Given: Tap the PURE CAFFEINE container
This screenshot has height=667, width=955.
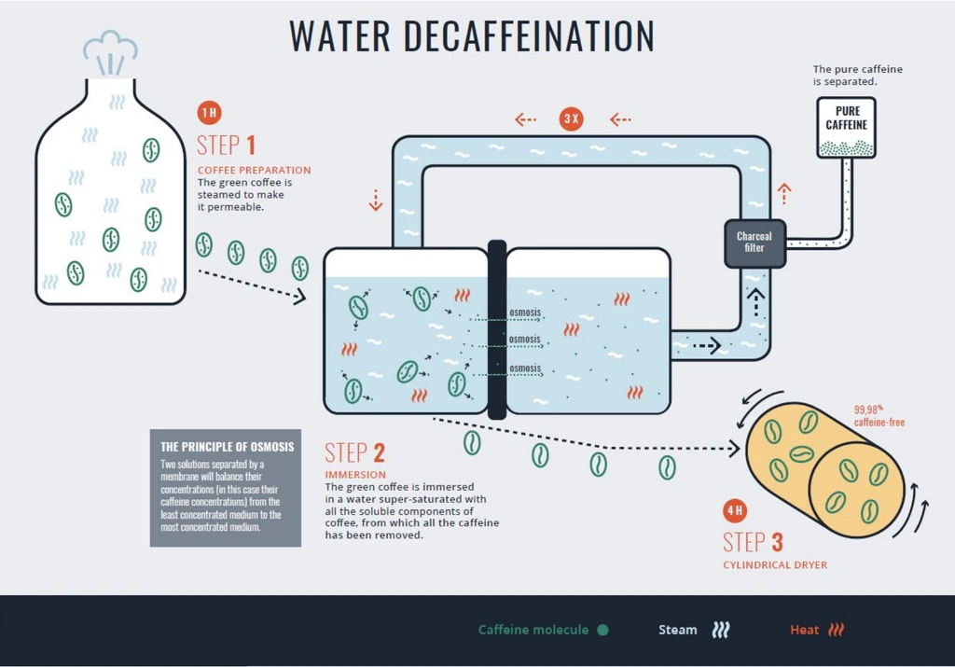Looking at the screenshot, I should point(846,127).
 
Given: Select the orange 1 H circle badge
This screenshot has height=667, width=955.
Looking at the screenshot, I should point(209,114).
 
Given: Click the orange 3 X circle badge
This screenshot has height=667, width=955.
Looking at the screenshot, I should point(571,119).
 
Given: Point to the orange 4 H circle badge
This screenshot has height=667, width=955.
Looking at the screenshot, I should point(734,510).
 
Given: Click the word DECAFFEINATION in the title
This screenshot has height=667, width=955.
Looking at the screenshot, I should point(529,35).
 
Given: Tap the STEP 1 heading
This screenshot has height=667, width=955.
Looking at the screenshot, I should point(226,145).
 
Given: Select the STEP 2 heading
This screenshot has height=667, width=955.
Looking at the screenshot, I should point(354,453).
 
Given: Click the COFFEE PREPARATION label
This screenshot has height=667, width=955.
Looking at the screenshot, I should point(254,170).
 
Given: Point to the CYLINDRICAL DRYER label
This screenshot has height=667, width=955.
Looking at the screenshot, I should point(775,565).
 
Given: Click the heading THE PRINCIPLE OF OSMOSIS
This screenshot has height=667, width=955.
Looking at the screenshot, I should point(228,447).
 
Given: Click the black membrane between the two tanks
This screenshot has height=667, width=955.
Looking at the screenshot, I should point(497,329).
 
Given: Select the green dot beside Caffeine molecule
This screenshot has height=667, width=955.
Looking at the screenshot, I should point(602,630).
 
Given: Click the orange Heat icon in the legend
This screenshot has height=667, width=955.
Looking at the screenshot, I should point(836,630).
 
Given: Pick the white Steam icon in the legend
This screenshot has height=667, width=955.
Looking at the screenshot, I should point(720,630).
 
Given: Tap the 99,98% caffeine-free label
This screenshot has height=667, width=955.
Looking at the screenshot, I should point(879,416).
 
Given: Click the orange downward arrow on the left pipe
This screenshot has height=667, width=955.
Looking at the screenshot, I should point(375,201).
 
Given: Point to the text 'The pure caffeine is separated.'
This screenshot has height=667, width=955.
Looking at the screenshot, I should point(857,75).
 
